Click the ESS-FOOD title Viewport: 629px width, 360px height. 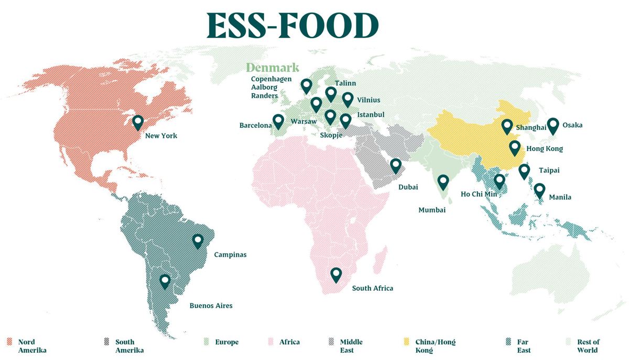pyautogui.click(x=292, y=25)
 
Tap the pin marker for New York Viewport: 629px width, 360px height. pyautogui.click(x=138, y=122)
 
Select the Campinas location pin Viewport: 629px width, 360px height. pyautogui.click(x=198, y=241)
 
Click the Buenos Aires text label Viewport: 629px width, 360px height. pyautogui.click(x=211, y=306)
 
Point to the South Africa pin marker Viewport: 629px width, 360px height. pyautogui.click(x=336, y=274)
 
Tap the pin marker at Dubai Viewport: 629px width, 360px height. pyautogui.click(x=396, y=166)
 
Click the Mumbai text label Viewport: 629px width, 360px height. pyautogui.click(x=432, y=210)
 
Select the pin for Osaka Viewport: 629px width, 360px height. pyautogui.click(x=552, y=125)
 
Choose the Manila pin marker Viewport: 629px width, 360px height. pyautogui.click(x=539, y=190)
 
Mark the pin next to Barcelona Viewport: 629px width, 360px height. pyautogui.click(x=278, y=121)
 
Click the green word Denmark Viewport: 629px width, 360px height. pyautogui.click(x=273, y=68)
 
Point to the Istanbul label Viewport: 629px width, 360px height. pyautogui.click(x=371, y=115)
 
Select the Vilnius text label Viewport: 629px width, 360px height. pyautogui.click(x=368, y=100)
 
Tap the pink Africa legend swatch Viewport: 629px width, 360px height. pyautogui.click(x=272, y=342)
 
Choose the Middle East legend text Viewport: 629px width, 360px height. pyautogui.click(x=351, y=346)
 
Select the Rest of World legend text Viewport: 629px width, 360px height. pyautogui.click(x=588, y=346)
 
